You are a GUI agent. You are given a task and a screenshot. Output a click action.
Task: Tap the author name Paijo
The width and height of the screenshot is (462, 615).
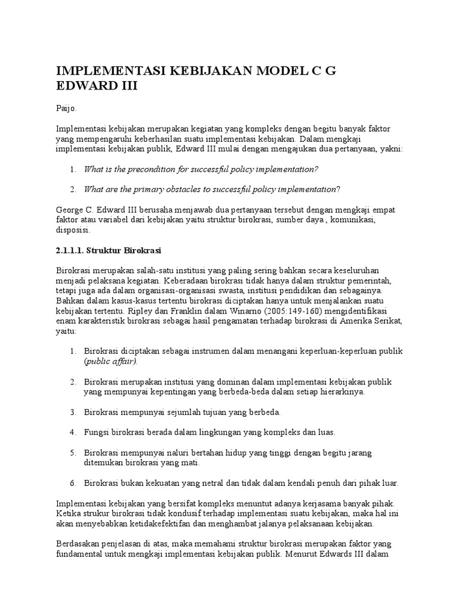(67, 109)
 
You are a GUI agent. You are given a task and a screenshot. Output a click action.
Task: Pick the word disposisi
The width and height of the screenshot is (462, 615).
(72, 230)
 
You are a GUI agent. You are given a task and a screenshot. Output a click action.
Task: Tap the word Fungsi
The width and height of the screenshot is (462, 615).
(96, 431)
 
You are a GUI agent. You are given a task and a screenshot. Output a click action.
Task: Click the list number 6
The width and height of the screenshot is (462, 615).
(72, 482)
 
